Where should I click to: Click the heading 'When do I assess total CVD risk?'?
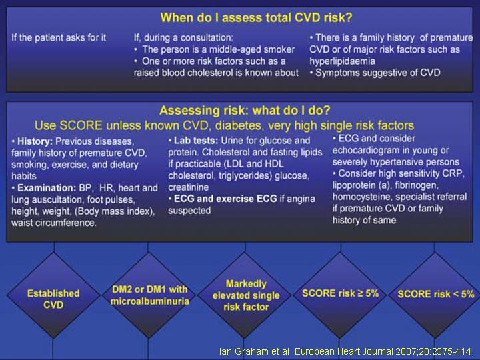point(256,17)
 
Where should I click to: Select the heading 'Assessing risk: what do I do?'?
point(245,110)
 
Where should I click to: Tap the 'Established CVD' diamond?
point(53,295)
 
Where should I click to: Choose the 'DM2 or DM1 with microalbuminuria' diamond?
point(149,295)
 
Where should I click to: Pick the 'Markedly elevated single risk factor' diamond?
point(245,295)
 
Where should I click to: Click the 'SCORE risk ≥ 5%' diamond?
point(341,295)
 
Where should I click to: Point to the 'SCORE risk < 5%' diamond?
point(435,295)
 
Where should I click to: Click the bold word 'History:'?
point(35,141)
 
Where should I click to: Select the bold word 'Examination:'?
point(47,188)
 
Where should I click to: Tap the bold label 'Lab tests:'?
point(196,141)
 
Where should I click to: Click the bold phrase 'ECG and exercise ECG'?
point(225,199)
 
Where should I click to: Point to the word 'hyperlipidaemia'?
point(342,61)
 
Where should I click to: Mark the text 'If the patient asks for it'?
point(59,37)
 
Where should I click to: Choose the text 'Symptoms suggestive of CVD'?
point(378,73)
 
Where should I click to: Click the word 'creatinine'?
point(188,187)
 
